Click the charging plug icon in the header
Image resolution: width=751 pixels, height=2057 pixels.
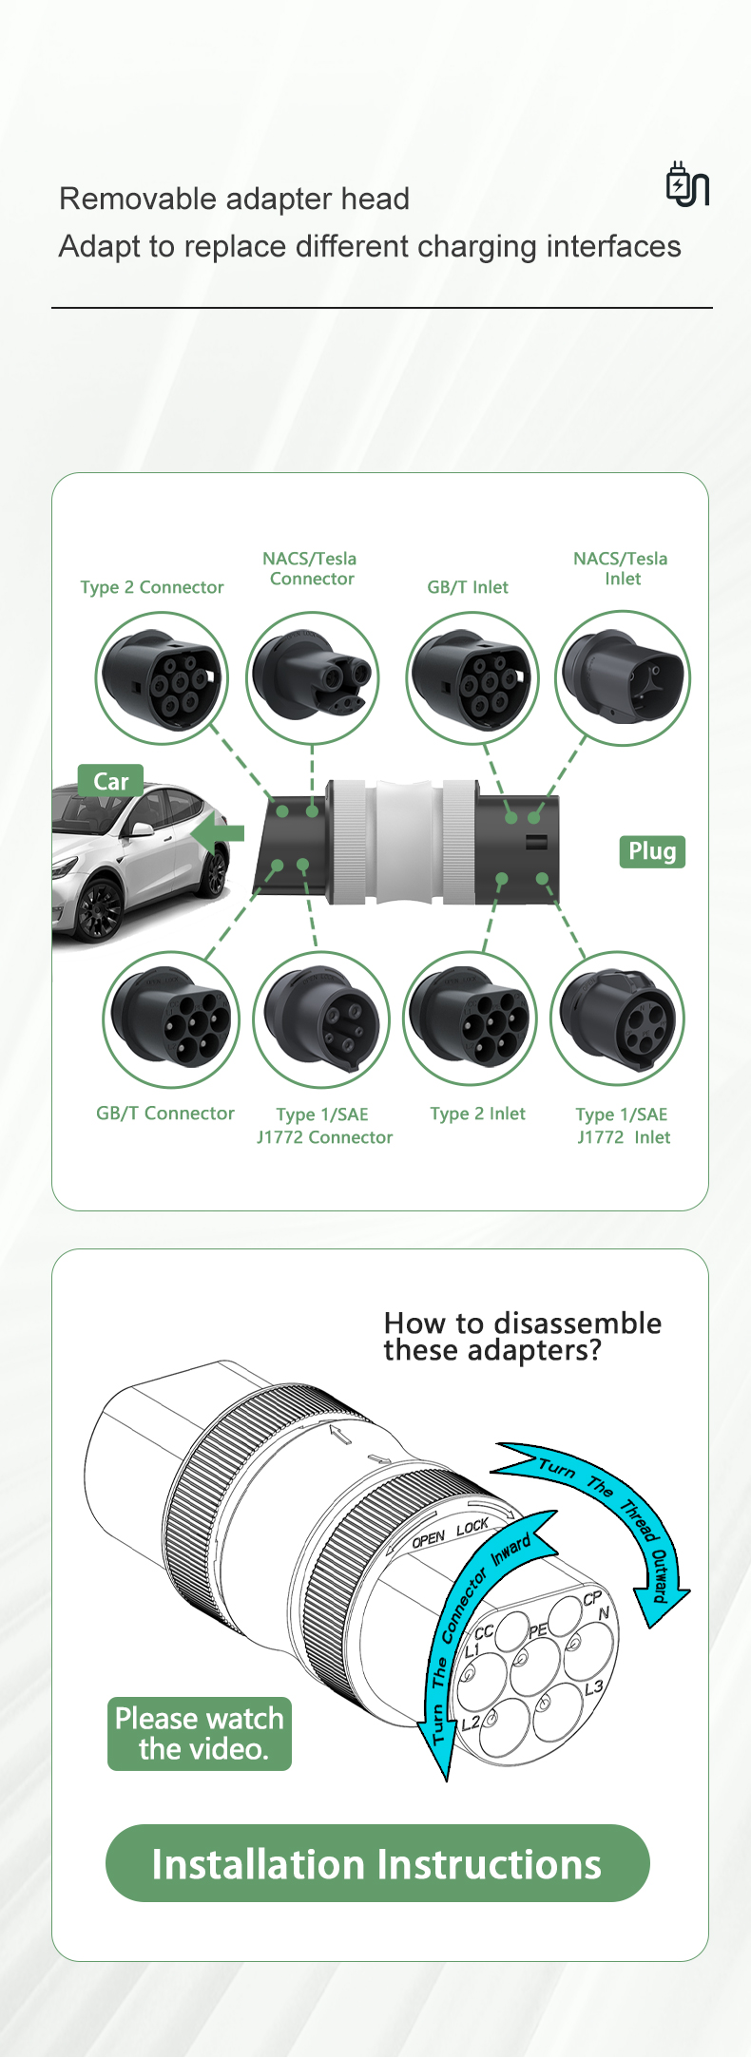pos(687,183)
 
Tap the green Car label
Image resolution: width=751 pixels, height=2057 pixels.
pos(111,781)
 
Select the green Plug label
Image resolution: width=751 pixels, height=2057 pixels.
pos(652,851)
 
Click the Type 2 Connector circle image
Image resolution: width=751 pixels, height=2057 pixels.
pos(162,678)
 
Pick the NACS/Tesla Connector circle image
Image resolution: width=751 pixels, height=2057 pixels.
pos(313,678)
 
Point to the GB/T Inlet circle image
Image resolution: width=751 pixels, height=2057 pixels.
pos(472,678)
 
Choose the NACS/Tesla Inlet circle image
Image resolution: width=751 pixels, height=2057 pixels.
pos(623,678)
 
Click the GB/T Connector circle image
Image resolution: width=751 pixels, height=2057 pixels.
pos(171,1019)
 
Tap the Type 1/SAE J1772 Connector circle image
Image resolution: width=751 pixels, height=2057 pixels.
pos(321,1019)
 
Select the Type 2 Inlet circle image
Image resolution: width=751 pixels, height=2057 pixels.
pos(471,1019)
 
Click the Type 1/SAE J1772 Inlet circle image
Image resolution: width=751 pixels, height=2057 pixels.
pos(618,1019)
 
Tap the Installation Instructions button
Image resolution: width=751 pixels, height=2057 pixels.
pos(377,1863)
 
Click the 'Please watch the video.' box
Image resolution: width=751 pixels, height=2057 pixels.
pos(200,1734)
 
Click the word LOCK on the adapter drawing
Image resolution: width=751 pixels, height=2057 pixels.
pos(472,1527)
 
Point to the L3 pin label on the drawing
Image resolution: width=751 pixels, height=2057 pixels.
pos(593,1687)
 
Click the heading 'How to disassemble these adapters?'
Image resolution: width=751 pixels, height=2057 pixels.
pos(522,1336)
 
